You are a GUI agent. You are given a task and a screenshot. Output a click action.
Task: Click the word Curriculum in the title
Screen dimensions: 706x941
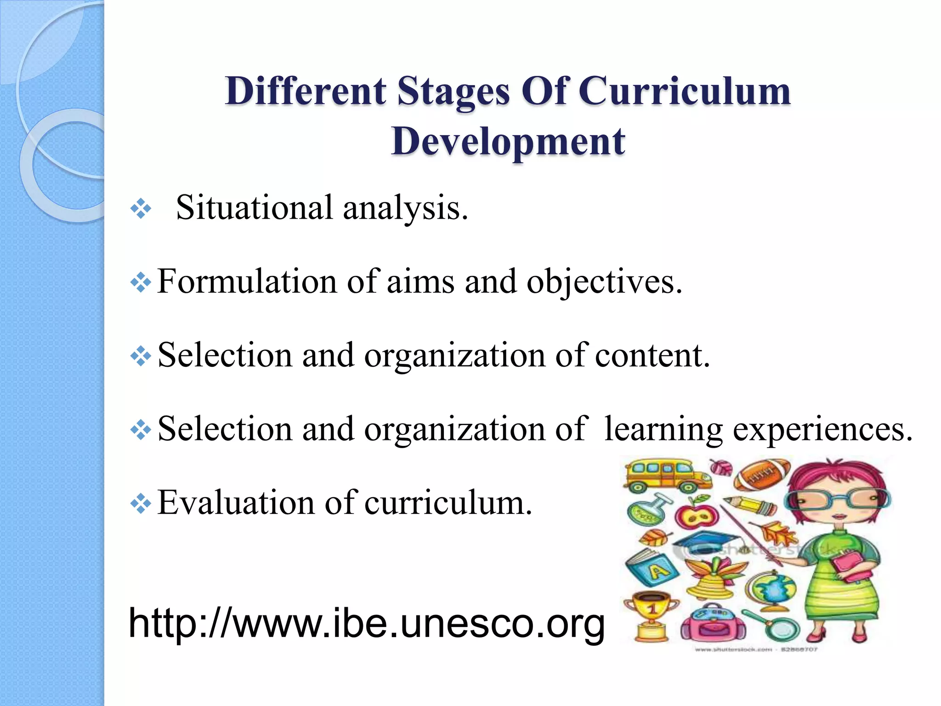(x=684, y=91)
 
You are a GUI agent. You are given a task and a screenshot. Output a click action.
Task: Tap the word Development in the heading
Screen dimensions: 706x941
(x=508, y=142)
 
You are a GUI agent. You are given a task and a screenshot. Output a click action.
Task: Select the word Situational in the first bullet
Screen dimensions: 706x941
(x=254, y=208)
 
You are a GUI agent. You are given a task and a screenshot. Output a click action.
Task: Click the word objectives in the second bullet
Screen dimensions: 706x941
(x=604, y=282)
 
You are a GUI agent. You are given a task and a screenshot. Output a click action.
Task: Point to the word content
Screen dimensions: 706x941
(x=652, y=355)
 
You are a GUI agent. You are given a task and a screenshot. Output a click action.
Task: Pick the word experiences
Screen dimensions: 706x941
(x=822, y=429)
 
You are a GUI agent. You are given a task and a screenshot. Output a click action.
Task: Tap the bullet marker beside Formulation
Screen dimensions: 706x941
(x=141, y=283)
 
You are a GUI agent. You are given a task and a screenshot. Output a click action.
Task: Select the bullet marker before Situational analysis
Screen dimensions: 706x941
(x=141, y=209)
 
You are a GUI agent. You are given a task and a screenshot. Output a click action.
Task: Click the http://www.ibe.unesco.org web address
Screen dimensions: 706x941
(x=366, y=623)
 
